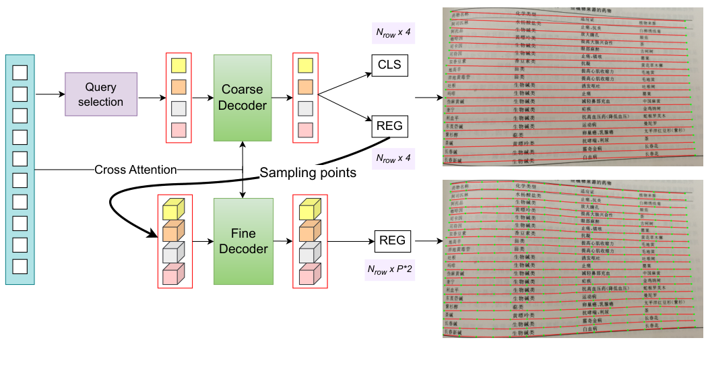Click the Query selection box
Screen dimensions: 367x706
[101, 94]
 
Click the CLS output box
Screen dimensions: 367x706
[389, 65]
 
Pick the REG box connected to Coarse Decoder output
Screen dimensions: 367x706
[389, 125]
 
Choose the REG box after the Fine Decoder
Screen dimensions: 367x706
[392, 240]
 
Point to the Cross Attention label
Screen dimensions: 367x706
[135, 169]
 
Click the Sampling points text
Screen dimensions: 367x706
[308, 173]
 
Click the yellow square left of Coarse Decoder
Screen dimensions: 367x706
[178, 65]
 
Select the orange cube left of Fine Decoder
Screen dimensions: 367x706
[174, 232]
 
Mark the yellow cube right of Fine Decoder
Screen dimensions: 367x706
[306, 209]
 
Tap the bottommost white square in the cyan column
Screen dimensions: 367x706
[20, 266]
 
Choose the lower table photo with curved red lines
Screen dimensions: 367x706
[573, 259]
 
